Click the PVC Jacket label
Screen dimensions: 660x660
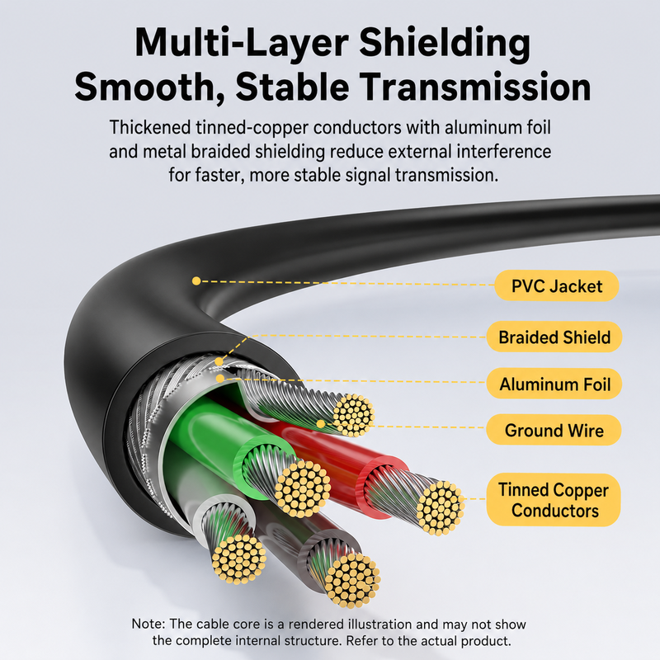[x=556, y=285]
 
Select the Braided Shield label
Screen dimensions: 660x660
[x=554, y=337]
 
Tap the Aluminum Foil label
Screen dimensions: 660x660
[x=554, y=384]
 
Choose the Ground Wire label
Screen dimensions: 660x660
[x=554, y=430]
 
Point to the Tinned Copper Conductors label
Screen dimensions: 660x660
[x=554, y=500]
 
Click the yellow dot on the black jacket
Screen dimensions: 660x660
[x=196, y=280]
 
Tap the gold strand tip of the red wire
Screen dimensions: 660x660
[x=441, y=508]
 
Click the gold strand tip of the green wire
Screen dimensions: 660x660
[x=303, y=488]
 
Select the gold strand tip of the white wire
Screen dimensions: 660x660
[x=238, y=559]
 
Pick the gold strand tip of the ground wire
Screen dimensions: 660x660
[x=353, y=415]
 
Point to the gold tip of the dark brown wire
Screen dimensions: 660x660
[x=353, y=580]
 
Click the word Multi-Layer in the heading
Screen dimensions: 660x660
[x=242, y=43]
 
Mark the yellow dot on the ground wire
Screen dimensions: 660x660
[x=321, y=424]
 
